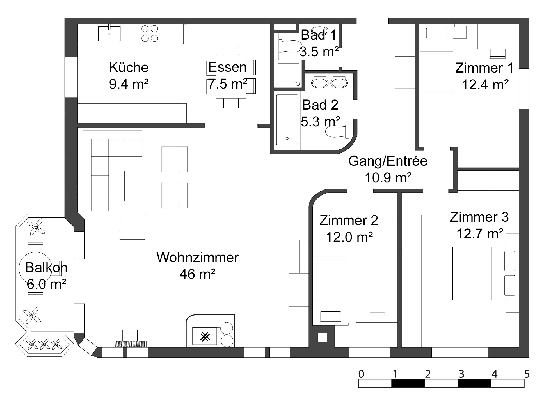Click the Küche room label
click(x=129, y=67)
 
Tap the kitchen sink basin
click(x=109, y=34)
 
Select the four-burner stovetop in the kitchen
click(x=150, y=34)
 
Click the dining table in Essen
click(x=231, y=77)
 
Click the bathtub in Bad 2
click(x=287, y=120)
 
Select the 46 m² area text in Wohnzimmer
click(x=197, y=274)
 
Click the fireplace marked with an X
click(x=205, y=336)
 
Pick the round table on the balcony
click(x=35, y=268)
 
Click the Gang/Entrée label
click(x=388, y=161)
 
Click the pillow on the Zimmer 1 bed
click(x=436, y=33)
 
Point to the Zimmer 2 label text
click(x=348, y=221)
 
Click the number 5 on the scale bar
click(x=527, y=374)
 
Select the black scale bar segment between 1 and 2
click(x=408, y=383)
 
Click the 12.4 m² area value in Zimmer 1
click(x=485, y=85)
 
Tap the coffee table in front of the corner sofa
click(x=134, y=186)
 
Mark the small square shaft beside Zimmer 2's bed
click(x=322, y=337)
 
